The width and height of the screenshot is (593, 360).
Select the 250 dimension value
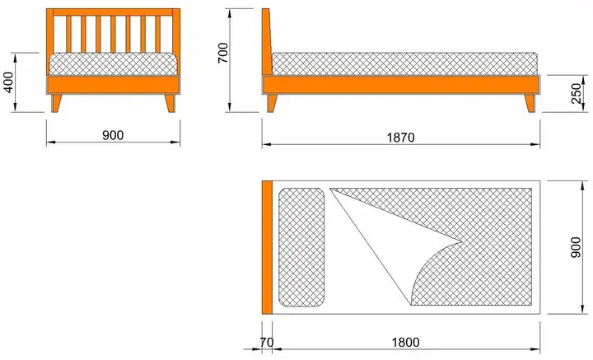click(576, 95)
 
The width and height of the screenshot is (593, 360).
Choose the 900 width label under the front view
click(113, 135)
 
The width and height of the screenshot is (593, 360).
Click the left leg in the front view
click(57, 102)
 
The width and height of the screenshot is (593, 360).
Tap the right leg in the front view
click(170, 102)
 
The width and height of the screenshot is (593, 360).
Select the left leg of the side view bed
click(273, 103)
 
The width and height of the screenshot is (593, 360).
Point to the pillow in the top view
click(301, 245)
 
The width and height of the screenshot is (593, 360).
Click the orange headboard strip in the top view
click(267, 246)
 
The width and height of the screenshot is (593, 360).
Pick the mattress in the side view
click(404, 63)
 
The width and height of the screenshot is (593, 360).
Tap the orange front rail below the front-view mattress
click(114, 85)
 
